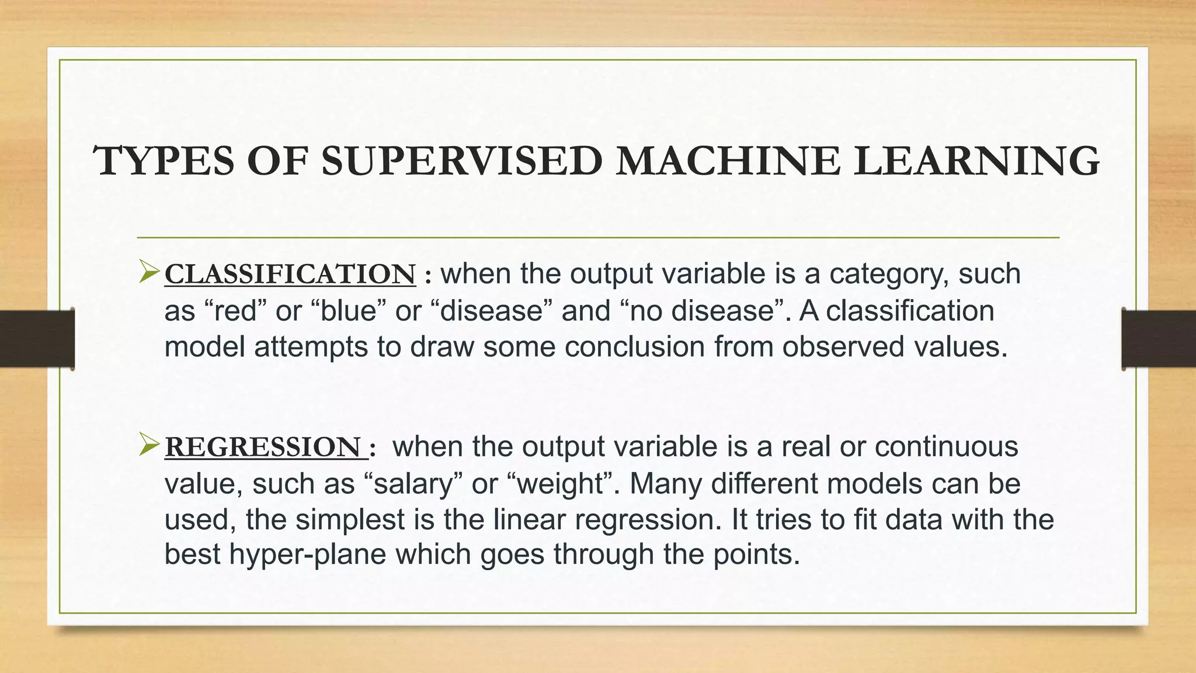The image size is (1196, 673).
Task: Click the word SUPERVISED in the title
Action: (461, 161)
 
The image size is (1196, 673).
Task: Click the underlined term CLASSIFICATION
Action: (290, 275)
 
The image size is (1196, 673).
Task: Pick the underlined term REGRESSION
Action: (263, 447)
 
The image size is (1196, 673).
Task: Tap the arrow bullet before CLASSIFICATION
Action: (149, 273)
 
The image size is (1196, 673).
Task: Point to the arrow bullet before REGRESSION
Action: (149, 446)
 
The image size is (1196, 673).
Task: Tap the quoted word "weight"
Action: (561, 484)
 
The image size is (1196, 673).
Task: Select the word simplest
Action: (350, 519)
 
